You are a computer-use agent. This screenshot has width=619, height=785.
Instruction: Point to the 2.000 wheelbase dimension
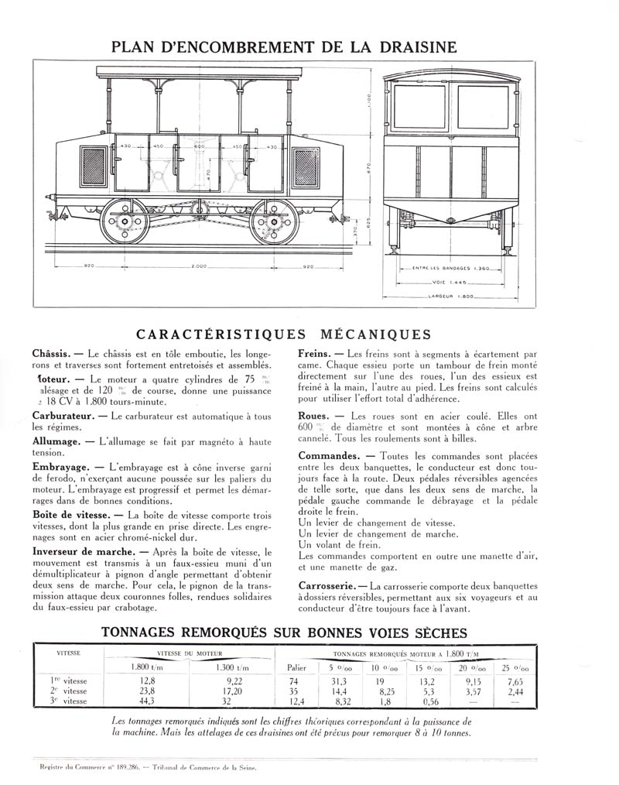[199, 266]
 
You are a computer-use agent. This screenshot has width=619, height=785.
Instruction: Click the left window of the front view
[419, 107]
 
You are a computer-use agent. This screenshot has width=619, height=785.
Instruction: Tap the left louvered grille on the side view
[94, 166]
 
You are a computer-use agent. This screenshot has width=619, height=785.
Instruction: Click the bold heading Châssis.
[53, 353]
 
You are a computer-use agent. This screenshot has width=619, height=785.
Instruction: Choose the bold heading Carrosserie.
[328, 586]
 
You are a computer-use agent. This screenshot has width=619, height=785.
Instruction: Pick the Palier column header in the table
[297, 667]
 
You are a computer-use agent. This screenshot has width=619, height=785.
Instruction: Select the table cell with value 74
[295, 680]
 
